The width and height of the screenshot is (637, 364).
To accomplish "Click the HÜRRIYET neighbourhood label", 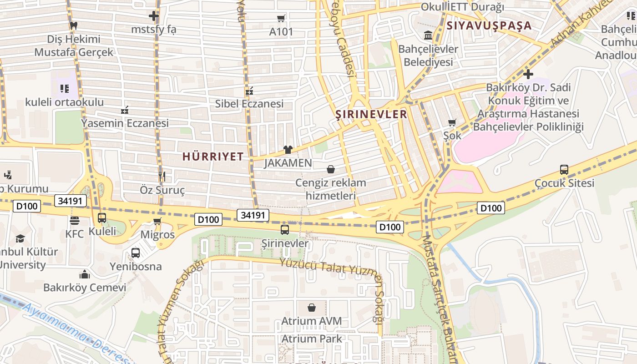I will [x=213, y=157].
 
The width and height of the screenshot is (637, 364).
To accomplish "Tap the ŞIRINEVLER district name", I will [x=371, y=114].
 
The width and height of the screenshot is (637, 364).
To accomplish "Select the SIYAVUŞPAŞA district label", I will [x=489, y=25].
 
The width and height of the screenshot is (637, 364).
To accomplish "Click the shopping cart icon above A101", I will [x=281, y=19].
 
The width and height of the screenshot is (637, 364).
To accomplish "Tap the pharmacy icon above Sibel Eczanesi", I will [x=249, y=91].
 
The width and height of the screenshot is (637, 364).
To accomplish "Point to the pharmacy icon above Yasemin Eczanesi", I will [x=125, y=110].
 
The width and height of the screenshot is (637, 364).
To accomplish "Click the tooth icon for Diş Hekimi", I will [x=73, y=26].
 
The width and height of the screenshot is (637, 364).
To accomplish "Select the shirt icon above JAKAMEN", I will [x=288, y=150].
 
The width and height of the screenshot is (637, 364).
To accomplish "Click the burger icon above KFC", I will [x=75, y=221].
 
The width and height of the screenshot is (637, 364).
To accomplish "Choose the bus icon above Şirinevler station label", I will [x=285, y=230].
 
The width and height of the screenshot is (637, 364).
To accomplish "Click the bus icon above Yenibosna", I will [x=136, y=253].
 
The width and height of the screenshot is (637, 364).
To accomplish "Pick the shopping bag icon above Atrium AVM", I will [x=312, y=308].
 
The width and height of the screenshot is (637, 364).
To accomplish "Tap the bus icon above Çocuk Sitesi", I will [x=564, y=170].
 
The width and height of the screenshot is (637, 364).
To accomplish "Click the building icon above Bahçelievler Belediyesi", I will [x=428, y=35].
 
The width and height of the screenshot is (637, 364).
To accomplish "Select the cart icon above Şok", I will [x=452, y=122].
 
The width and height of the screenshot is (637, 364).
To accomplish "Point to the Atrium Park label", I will [x=312, y=339].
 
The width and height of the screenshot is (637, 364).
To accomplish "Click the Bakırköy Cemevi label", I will [x=85, y=288].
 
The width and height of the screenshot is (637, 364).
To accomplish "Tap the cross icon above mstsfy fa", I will [x=154, y=16].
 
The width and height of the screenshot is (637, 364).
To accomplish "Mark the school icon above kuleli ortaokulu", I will [x=64, y=89].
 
